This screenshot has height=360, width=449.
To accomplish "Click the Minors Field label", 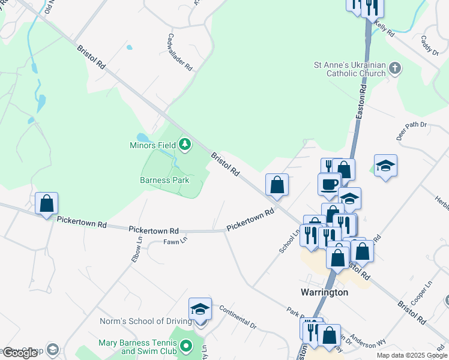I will [153, 145].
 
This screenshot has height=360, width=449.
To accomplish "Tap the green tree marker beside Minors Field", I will [185, 144].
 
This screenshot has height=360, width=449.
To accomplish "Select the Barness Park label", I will [164, 180].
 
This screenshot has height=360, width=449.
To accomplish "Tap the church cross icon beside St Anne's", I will [395, 68].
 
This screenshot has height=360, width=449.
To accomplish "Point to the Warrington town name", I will [324, 292].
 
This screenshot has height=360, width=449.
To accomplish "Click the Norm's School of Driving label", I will [145, 322].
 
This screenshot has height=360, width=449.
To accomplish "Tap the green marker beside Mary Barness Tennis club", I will [185, 346].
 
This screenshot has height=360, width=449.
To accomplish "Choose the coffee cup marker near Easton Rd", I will [329, 184].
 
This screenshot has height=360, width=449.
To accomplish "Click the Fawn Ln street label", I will [175, 241].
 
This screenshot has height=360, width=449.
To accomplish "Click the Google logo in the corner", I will [20, 353].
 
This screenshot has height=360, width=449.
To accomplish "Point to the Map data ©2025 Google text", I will [412, 355].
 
